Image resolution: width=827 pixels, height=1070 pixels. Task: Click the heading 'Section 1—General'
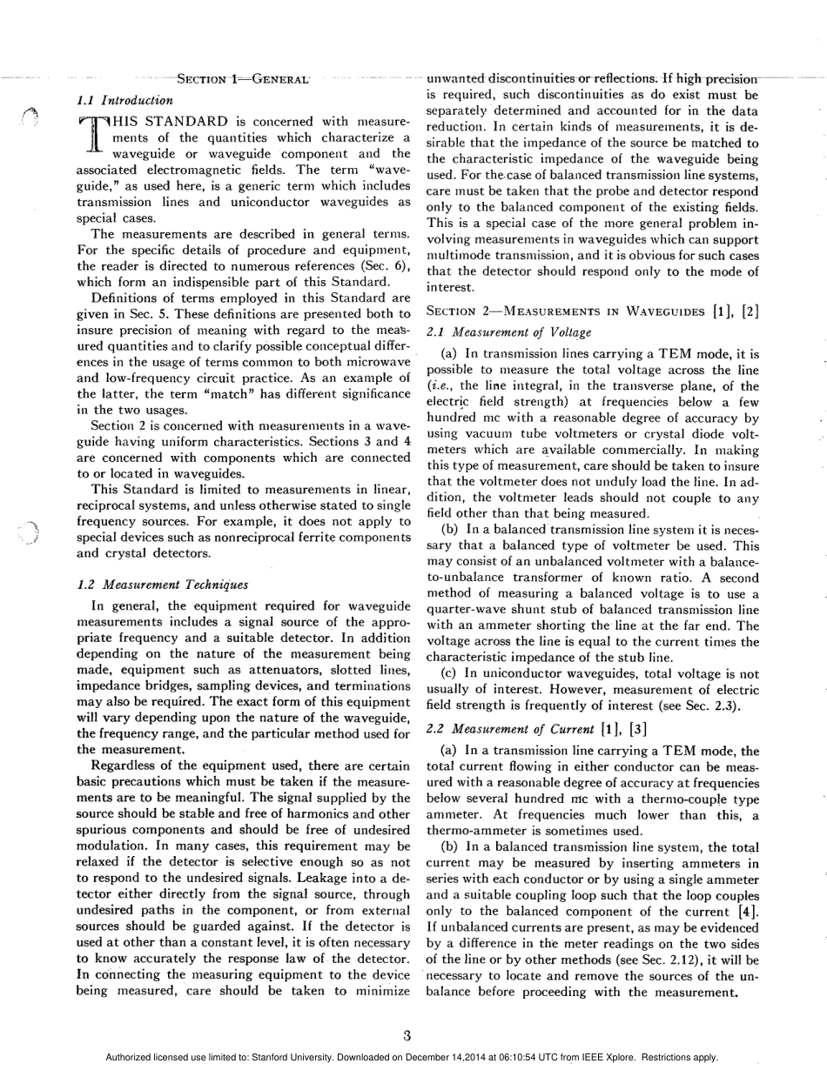point(240,79)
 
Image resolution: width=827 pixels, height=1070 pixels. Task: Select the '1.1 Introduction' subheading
point(125,100)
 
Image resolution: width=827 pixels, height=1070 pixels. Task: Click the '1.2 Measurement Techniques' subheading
point(163,585)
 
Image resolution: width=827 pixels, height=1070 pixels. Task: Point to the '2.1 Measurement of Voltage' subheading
point(509,331)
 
